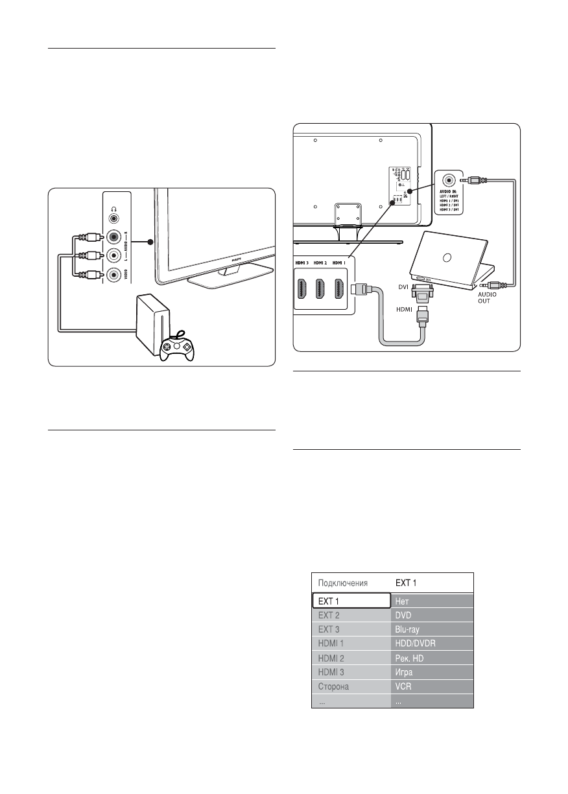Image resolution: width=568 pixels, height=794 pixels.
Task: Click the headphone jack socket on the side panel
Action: point(114,219)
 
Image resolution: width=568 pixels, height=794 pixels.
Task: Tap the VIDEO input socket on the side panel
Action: point(114,275)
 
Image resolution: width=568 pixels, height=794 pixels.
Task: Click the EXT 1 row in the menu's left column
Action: point(342,600)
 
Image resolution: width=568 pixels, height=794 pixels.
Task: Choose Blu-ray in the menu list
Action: point(408,629)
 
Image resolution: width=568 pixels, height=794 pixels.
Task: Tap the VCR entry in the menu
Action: point(403,686)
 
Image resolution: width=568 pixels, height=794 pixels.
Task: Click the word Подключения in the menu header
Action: point(343,582)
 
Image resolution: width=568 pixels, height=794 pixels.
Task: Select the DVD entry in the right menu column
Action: point(403,614)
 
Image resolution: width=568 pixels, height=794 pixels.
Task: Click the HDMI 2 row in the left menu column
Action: point(331,658)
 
